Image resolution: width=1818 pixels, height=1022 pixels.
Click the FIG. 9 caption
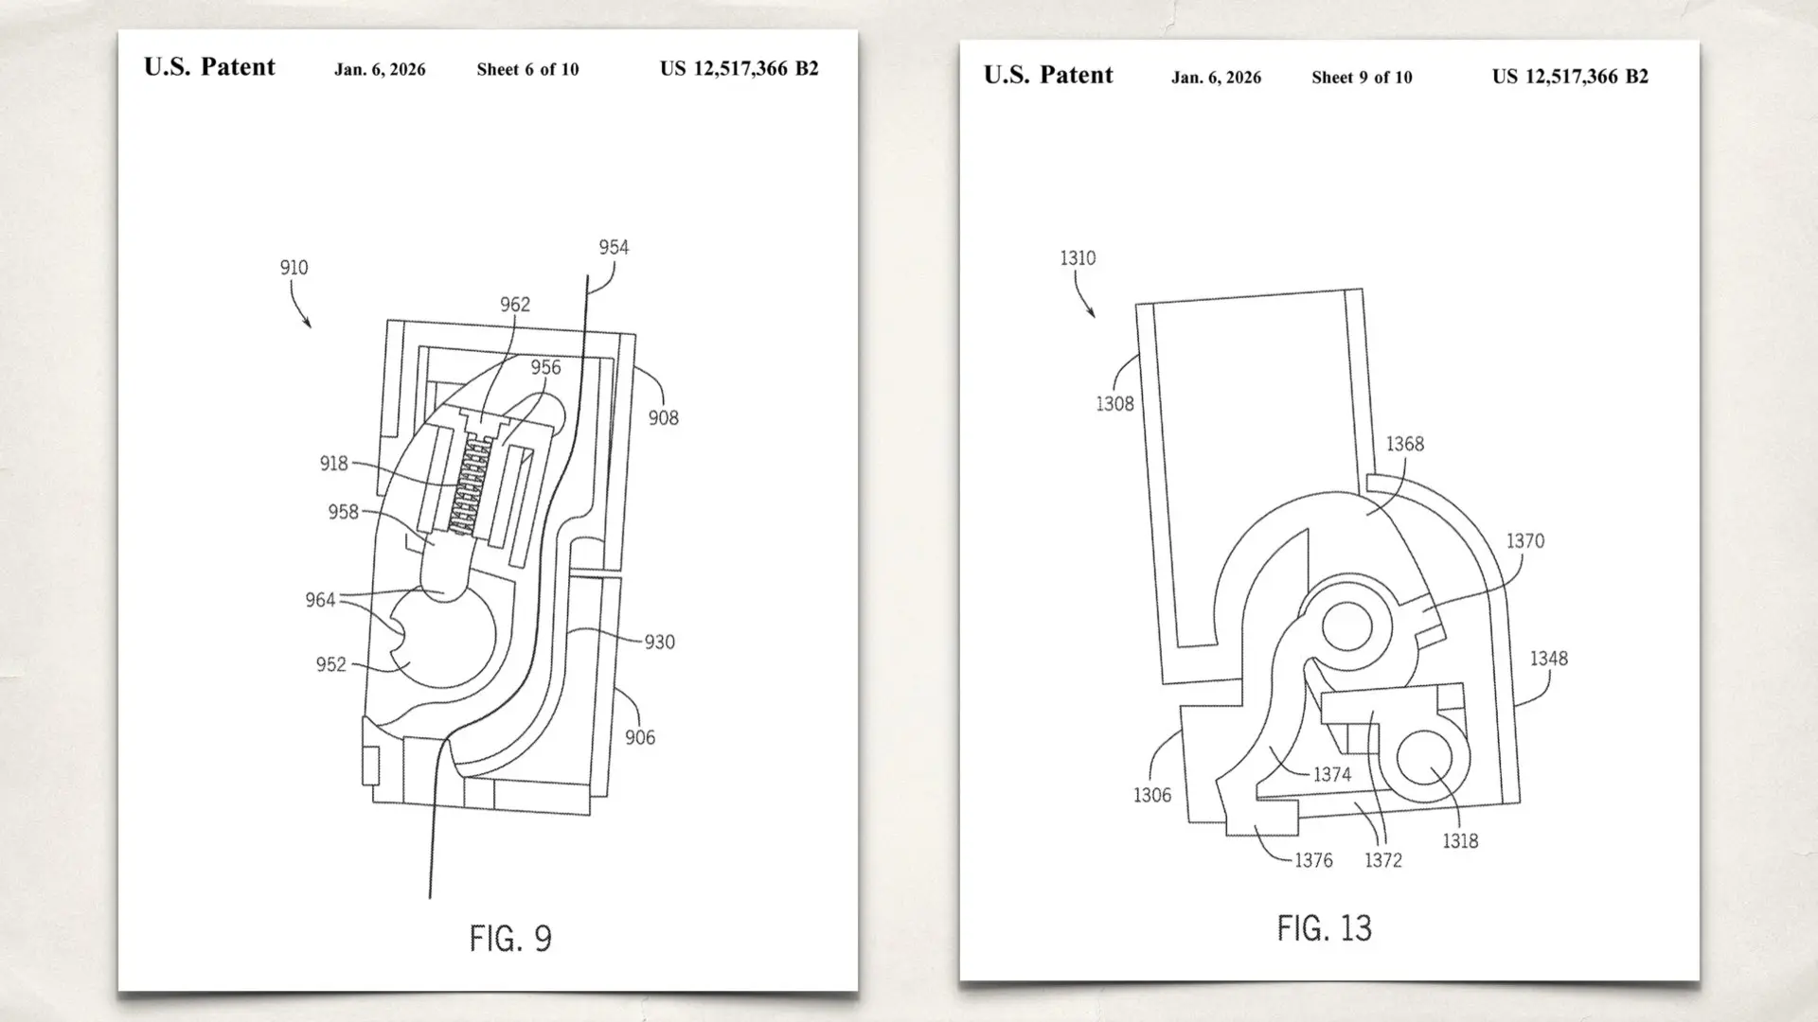(510, 938)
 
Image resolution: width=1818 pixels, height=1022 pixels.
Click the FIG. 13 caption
(1324, 928)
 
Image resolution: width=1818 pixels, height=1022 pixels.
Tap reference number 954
(613, 247)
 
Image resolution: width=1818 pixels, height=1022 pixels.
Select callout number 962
(514, 304)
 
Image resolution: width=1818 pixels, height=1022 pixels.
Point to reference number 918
(333, 463)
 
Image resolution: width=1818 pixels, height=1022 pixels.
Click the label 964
(320, 600)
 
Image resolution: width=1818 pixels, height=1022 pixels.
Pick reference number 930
(659, 642)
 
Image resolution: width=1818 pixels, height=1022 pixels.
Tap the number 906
(639, 737)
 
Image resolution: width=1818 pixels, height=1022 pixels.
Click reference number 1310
(1078, 257)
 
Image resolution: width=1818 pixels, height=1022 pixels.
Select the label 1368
(1404, 444)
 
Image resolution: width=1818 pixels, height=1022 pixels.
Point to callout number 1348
(1548, 658)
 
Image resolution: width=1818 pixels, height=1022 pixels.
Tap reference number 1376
(1313, 860)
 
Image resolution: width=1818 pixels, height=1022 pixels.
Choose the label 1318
(1459, 840)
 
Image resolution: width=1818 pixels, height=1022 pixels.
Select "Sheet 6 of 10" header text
(527, 69)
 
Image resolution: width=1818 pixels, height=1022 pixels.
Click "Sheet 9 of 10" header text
(1362, 78)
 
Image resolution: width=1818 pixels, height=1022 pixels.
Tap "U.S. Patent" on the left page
(209, 67)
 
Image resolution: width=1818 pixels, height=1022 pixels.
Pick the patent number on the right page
(1570, 77)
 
